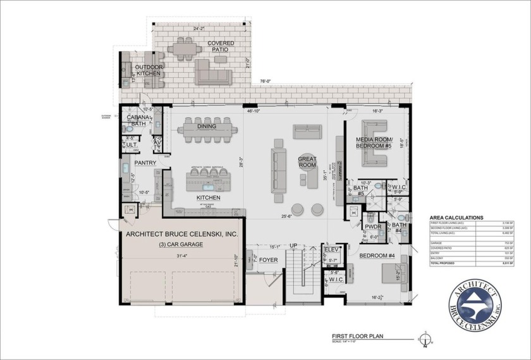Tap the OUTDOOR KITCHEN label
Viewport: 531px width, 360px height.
149,71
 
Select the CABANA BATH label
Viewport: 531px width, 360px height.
138,120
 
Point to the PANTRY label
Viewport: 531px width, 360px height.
145,163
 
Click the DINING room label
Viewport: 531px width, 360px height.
206,126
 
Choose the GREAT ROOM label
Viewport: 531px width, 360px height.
307,161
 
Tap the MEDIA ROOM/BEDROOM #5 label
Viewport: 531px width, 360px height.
375,143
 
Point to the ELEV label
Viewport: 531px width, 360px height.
333,250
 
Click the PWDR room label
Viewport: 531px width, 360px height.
372,226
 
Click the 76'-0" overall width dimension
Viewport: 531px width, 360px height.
264,81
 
